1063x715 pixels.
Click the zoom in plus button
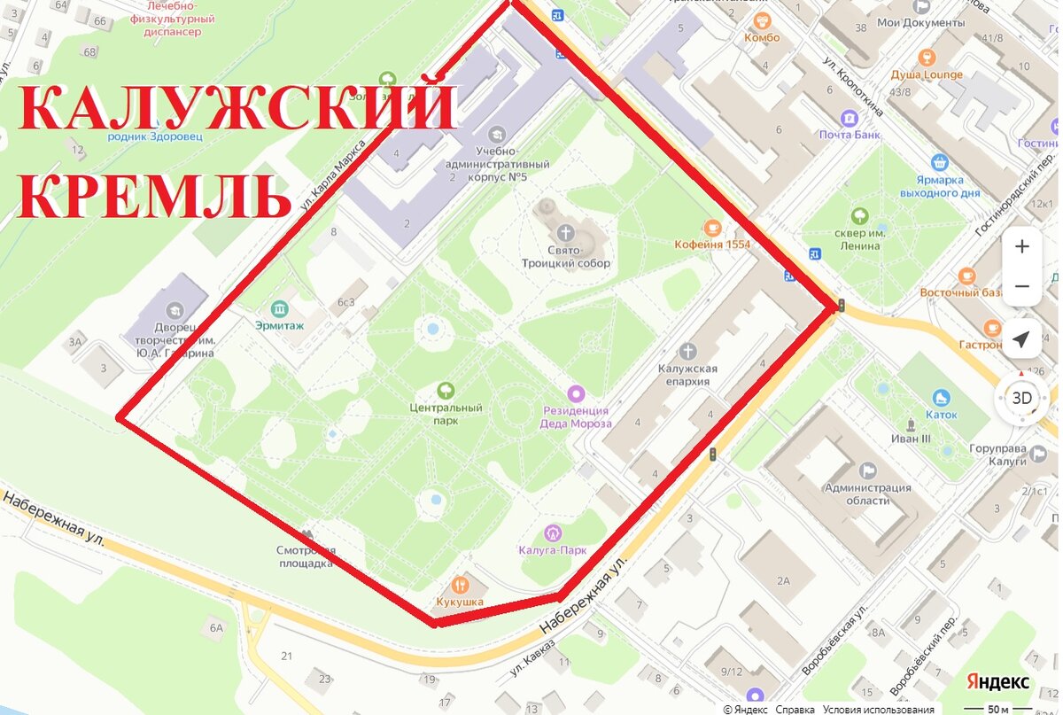[1021, 246]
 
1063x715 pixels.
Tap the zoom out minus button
[1021, 286]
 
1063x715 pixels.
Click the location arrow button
[1021, 340]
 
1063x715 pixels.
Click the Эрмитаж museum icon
[281, 308]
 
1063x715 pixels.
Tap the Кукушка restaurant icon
[460, 585]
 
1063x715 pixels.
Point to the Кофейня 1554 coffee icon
[710, 227]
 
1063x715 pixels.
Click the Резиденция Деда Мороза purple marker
[576, 392]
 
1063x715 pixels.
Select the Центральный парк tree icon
[446, 390]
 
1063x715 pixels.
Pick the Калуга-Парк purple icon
[553, 532]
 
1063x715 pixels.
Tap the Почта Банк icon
[850, 118]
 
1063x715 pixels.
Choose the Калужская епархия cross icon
[687, 352]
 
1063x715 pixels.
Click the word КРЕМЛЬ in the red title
[154, 197]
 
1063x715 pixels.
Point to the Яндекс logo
[997, 681]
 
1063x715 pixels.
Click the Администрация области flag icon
[868, 470]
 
